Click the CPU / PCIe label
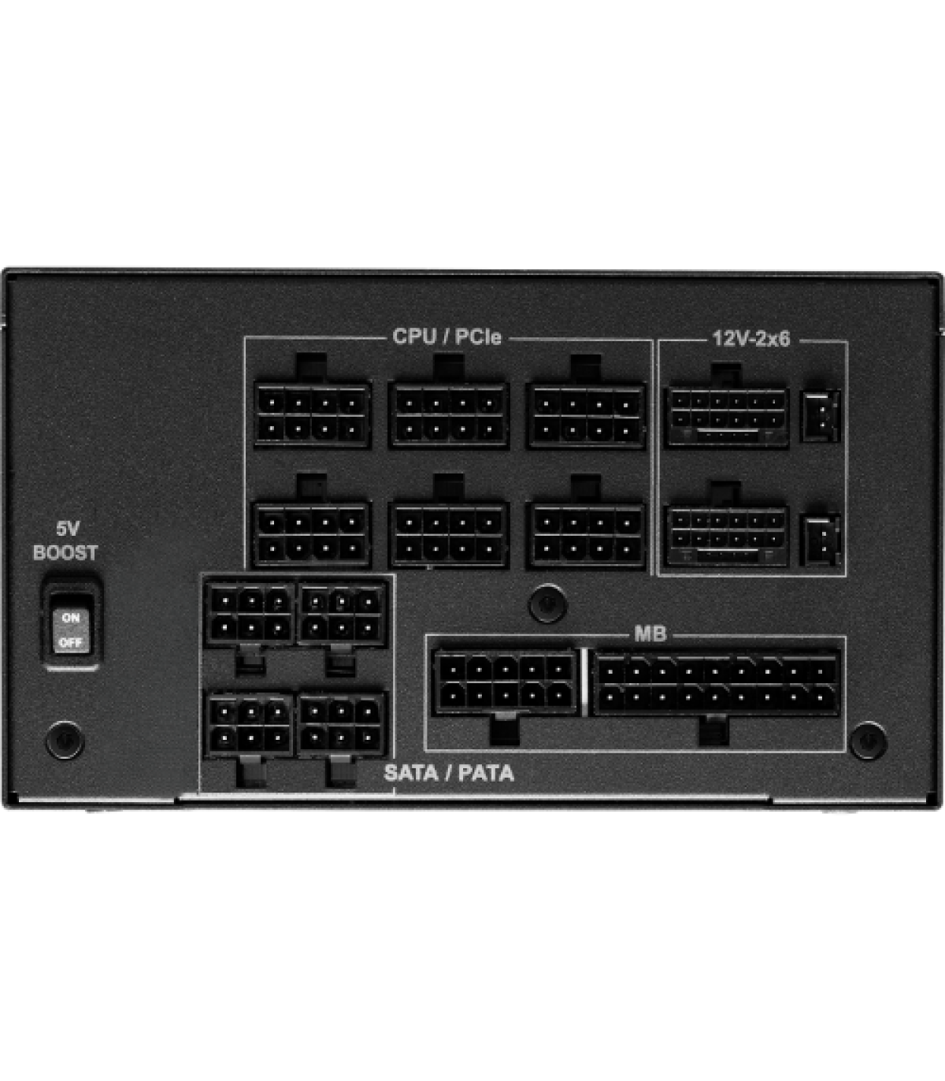tap(447, 336)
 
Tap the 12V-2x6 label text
tap(751, 338)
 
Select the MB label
tap(650, 633)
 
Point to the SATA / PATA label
tap(449, 773)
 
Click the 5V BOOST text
tap(65, 540)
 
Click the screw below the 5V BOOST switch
tap(65, 740)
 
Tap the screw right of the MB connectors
tap(868, 740)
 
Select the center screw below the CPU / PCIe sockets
tap(548, 604)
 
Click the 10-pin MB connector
tap(506, 682)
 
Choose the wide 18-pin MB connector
tap(717, 683)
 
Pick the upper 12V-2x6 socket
tap(727, 418)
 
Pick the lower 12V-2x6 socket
tap(727, 536)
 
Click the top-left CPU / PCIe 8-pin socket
tap(312, 415)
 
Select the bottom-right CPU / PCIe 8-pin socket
tap(587, 535)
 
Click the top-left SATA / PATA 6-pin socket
tap(249, 614)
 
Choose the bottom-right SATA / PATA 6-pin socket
tap(342, 724)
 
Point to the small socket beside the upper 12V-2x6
tap(821, 416)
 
